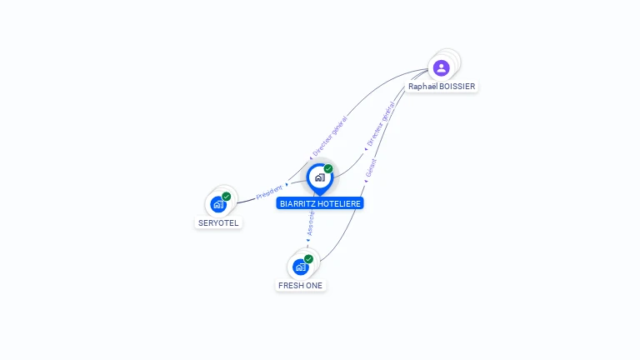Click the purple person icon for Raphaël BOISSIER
click(x=442, y=67)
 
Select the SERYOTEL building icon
click(x=218, y=204)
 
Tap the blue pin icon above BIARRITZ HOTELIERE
click(x=319, y=177)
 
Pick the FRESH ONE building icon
click(x=301, y=267)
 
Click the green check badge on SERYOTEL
click(x=227, y=197)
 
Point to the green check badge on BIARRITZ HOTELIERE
click(x=328, y=169)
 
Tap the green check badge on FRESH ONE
click(x=308, y=259)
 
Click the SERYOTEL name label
click(x=218, y=223)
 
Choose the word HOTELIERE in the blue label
click(x=340, y=203)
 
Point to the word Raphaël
click(x=422, y=87)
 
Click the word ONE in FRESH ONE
click(x=314, y=286)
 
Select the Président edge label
click(x=269, y=192)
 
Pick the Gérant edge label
click(x=371, y=168)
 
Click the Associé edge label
click(x=311, y=222)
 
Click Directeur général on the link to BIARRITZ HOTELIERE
click(x=381, y=124)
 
